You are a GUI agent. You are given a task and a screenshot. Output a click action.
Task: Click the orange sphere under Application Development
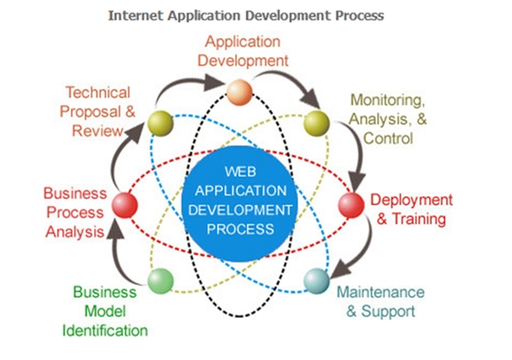(240, 93)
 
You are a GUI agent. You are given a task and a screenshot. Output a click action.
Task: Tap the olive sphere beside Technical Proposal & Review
(160, 123)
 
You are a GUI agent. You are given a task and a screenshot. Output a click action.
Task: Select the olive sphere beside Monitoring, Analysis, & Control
(317, 123)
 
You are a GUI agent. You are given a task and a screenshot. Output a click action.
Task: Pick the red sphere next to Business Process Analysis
(125, 205)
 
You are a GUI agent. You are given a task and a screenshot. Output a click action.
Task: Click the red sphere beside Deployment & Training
(351, 205)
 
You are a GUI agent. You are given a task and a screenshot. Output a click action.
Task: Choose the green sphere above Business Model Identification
(160, 281)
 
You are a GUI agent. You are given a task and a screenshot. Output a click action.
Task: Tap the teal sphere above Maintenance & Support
(317, 281)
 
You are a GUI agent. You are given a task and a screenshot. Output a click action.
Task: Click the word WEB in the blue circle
(240, 172)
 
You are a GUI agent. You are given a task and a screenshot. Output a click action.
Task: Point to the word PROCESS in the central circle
(240, 229)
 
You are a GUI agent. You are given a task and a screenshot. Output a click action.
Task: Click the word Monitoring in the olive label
(387, 100)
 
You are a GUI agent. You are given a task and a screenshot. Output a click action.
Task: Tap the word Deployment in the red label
(411, 200)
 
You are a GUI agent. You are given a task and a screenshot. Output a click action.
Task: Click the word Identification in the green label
(105, 331)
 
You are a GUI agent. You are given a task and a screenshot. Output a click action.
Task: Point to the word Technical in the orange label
(98, 93)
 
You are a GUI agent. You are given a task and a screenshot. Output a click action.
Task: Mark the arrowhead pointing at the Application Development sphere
(214, 83)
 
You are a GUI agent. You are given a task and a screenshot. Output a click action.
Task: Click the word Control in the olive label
(388, 138)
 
